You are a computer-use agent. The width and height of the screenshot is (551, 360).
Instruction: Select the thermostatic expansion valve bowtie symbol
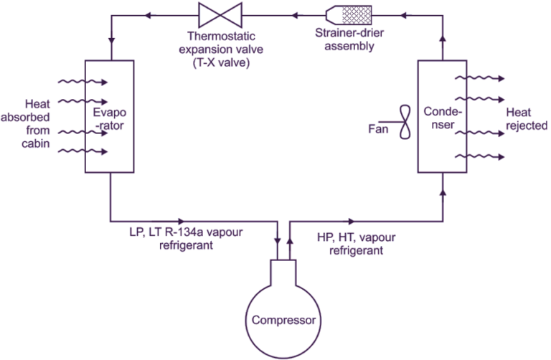pyautogui.click(x=212, y=14)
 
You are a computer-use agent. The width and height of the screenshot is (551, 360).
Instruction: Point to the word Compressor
pyautogui.click(x=283, y=320)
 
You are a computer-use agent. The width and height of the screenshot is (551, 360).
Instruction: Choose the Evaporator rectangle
pyautogui.click(x=109, y=116)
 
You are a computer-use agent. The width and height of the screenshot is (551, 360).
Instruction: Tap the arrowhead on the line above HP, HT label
pyautogui.click(x=350, y=221)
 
